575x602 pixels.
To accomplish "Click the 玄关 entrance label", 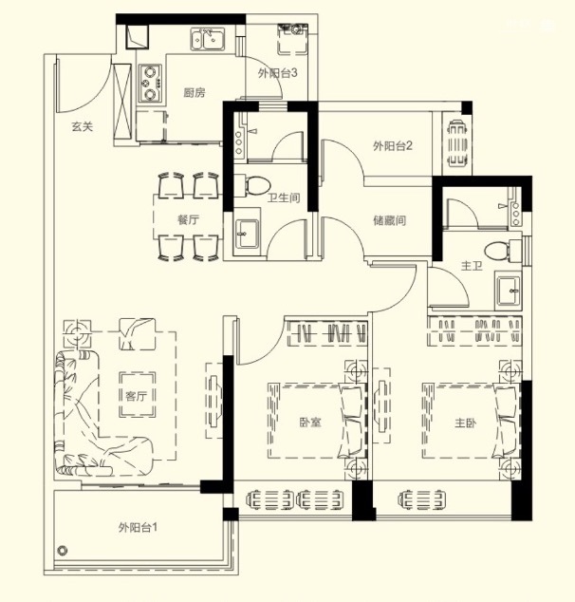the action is pos(83,126).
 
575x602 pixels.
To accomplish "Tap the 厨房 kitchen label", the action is pos(195,92).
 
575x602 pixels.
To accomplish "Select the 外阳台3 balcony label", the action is pos(277,73).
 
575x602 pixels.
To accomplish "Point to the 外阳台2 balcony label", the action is pos(393,145).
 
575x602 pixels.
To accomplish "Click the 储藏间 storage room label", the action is pos(389,220).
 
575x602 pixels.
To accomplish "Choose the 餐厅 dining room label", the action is pos(188,219).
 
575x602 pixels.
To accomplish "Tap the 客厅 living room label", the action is pos(137,396).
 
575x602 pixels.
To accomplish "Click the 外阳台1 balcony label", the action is pos(138,528).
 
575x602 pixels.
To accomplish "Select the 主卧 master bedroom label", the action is pos(466,423).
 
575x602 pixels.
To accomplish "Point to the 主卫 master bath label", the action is pos(472,265).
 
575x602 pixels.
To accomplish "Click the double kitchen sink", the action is pos(208,40).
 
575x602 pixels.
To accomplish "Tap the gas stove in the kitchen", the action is pos(150,84).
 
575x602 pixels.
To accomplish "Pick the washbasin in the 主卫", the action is pos(508,290).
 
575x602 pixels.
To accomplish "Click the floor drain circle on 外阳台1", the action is pos(63,551).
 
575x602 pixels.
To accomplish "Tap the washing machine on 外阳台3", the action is pos(292,38).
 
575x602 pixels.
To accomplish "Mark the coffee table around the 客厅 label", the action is pos(137,395).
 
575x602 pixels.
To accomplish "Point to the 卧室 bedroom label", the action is pos(310,423).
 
